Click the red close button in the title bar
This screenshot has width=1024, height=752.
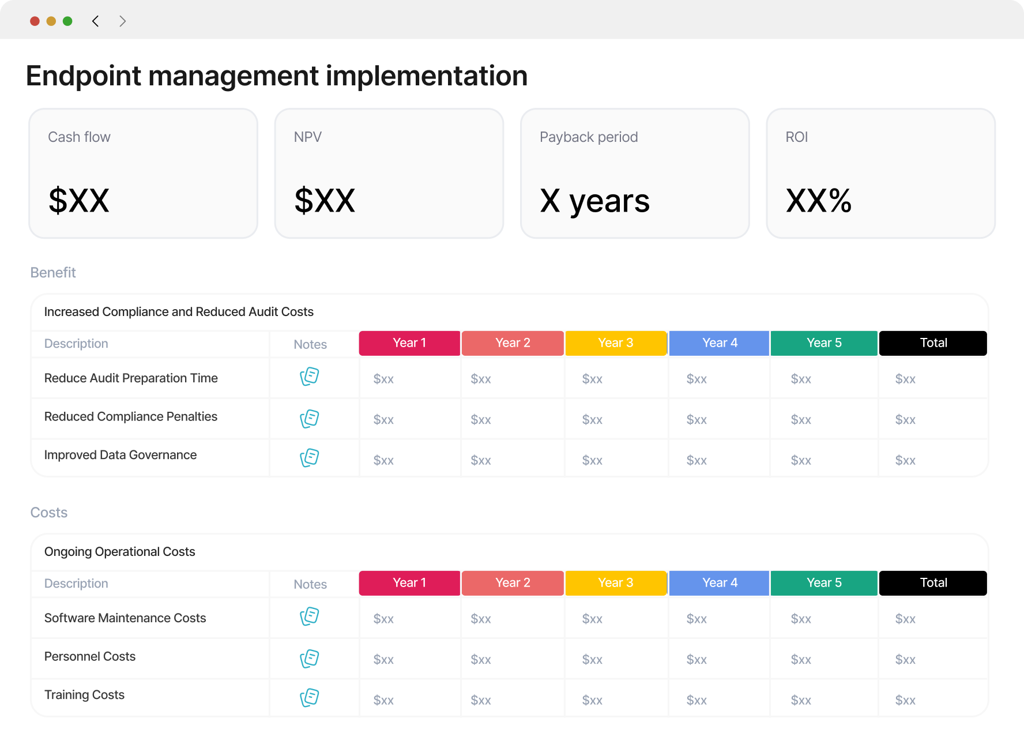pyautogui.click(x=35, y=21)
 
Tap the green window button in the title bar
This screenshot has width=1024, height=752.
pyautogui.click(x=67, y=21)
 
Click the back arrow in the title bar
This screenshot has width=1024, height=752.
pyautogui.click(x=96, y=21)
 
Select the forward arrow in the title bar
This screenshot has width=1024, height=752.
pyautogui.click(x=122, y=21)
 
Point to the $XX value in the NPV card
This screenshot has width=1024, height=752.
pyautogui.click(x=325, y=201)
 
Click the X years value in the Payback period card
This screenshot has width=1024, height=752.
pyautogui.click(x=594, y=202)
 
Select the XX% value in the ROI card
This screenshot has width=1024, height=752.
pyautogui.click(x=819, y=201)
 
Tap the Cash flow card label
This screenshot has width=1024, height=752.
pyautogui.click(x=79, y=137)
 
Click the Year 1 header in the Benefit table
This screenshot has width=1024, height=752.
pyautogui.click(x=409, y=343)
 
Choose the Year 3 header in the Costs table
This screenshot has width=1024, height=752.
pyautogui.click(x=616, y=583)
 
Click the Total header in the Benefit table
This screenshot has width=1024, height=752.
pyautogui.click(x=933, y=343)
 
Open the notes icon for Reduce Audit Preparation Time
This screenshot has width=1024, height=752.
pyautogui.click(x=310, y=377)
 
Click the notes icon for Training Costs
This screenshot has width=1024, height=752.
pyautogui.click(x=310, y=698)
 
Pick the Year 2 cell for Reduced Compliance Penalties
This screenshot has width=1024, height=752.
pyautogui.click(x=481, y=420)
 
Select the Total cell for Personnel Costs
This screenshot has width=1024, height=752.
pyautogui.click(x=905, y=660)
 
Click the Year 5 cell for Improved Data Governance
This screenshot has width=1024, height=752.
pyautogui.click(x=801, y=460)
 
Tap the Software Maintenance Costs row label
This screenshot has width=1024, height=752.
pyautogui.click(x=125, y=618)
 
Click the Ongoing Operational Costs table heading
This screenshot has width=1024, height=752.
pyautogui.click(x=120, y=552)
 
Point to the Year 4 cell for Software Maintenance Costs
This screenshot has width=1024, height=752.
pyautogui.click(x=697, y=619)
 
